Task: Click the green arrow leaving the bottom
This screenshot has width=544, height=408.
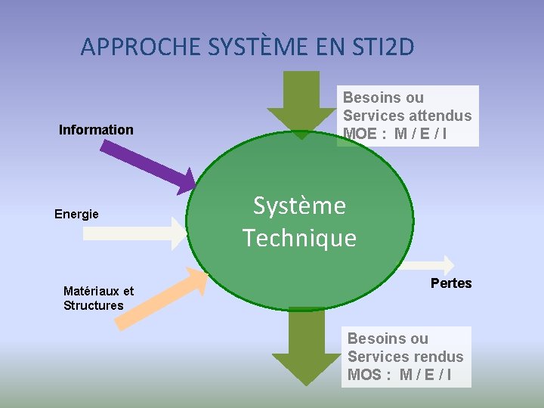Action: (x=306, y=348)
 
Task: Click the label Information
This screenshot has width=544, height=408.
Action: (x=96, y=130)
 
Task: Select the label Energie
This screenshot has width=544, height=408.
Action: (x=76, y=214)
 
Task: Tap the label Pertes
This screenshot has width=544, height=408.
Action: (x=451, y=283)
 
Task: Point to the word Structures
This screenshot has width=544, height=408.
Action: (x=94, y=305)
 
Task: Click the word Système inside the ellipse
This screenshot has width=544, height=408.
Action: (x=299, y=206)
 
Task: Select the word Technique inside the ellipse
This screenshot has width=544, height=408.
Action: (x=299, y=238)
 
